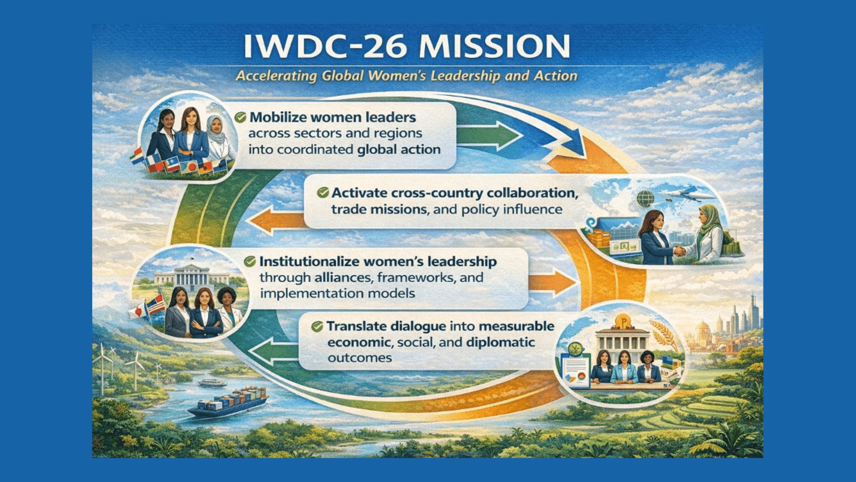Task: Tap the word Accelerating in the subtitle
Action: (x=276, y=76)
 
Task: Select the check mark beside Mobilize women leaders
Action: (x=240, y=117)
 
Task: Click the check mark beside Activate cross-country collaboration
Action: (x=323, y=193)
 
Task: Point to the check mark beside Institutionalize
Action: (x=250, y=262)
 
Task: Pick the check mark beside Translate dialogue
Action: (x=317, y=327)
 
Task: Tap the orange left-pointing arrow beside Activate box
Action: (x=276, y=220)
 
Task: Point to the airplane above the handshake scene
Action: (x=687, y=194)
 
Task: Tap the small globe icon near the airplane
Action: (x=645, y=198)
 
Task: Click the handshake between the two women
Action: (x=679, y=250)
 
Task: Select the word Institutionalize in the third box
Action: (x=311, y=262)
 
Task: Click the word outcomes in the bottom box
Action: (x=360, y=358)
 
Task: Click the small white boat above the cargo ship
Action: (x=213, y=382)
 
